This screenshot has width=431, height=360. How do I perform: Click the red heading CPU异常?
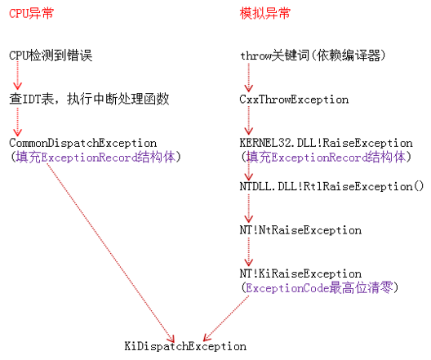[31, 13]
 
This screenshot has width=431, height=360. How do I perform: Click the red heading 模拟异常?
[265, 13]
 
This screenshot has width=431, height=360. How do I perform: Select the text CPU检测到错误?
[51, 56]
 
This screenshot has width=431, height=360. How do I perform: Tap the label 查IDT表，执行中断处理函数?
[89, 99]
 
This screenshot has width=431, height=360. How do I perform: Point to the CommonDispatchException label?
[82, 143]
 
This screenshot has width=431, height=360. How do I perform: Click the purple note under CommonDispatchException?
[96, 158]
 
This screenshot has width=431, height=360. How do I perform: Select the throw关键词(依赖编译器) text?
[313, 56]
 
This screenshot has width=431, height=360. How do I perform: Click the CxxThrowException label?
[294, 100]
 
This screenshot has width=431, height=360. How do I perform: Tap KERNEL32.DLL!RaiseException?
[326, 143]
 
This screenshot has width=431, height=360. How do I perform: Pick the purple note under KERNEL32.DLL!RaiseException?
[326, 158]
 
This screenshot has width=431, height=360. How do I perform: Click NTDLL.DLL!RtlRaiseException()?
[331, 187]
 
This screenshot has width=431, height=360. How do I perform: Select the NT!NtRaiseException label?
[300, 230]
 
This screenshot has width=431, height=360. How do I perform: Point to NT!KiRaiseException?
[300, 273]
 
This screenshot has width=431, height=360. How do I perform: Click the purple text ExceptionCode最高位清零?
[319, 288]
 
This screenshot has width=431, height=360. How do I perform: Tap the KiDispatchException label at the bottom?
[185, 346]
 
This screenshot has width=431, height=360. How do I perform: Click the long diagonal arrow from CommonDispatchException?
[110, 253]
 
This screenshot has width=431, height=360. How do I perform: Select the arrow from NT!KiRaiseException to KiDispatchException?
[226, 318]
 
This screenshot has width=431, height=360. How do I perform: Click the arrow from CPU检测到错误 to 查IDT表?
[18, 76]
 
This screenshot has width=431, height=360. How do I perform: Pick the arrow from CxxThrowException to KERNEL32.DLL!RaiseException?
[249, 120]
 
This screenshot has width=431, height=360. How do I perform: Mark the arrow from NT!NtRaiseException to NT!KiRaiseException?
[249, 251]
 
